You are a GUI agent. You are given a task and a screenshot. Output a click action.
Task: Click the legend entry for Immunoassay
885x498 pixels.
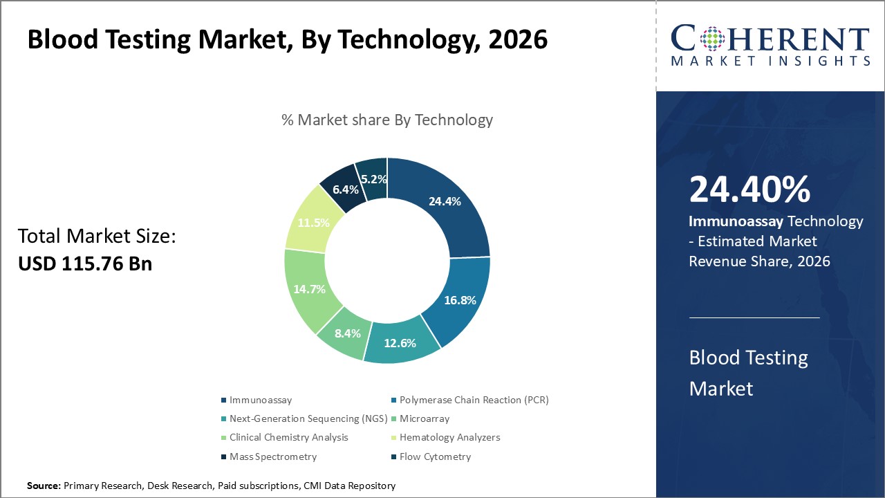261,400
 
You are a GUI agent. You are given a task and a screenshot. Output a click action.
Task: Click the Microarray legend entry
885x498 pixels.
425,418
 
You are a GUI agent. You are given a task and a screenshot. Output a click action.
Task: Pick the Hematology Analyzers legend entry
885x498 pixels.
449,437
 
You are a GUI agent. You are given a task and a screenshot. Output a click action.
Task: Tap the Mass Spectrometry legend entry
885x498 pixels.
273,456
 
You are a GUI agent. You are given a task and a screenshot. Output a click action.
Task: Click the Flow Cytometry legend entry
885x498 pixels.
435,456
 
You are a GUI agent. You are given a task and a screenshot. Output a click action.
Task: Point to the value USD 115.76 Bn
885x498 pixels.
85,264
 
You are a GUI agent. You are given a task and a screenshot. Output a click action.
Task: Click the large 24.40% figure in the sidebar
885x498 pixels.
749,190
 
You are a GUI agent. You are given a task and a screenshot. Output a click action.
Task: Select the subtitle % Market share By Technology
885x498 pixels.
387,120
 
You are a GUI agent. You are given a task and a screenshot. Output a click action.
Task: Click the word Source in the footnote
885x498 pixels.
44,486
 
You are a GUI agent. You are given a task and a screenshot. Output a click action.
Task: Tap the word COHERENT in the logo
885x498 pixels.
770,39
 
